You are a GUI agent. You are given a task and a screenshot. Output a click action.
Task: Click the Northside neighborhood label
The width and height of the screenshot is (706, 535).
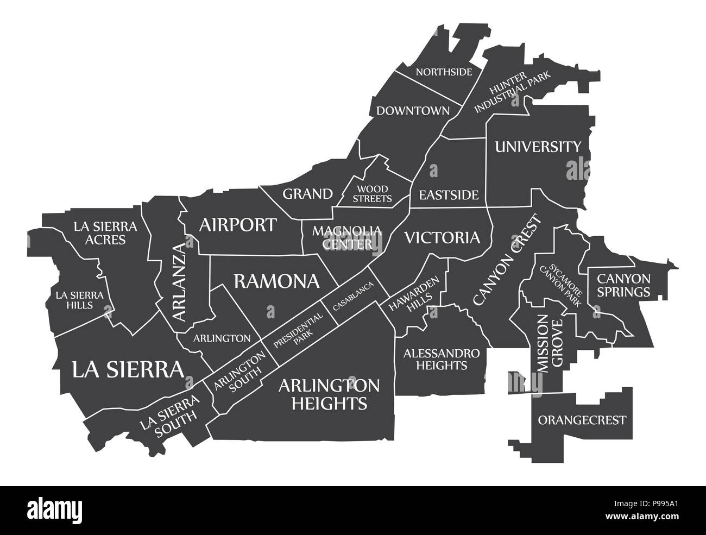(x=444, y=72)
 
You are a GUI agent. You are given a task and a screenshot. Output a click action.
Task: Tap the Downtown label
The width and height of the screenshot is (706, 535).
(x=413, y=111)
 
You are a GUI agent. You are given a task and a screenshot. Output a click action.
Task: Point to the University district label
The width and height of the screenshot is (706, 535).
(x=537, y=147)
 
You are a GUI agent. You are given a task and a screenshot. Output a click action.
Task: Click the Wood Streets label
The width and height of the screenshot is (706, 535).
(x=373, y=194)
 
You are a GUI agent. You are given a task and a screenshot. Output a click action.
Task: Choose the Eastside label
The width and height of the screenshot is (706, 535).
(x=448, y=194)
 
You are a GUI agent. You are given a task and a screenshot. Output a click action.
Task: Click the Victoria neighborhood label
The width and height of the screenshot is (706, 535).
(x=442, y=237)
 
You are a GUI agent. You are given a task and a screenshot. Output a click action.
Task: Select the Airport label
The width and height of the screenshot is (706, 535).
(x=238, y=225)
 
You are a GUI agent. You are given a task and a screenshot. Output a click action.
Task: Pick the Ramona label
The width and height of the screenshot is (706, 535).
(x=276, y=281)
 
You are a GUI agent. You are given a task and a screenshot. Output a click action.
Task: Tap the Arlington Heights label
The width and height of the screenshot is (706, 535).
(x=330, y=394)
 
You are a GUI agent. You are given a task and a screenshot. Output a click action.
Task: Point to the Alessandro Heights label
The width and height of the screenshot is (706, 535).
(x=441, y=359)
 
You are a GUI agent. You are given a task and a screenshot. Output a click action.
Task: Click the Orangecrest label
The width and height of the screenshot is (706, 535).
(x=582, y=420)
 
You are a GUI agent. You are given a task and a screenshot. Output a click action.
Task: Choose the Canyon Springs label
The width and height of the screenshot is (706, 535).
(x=623, y=285)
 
